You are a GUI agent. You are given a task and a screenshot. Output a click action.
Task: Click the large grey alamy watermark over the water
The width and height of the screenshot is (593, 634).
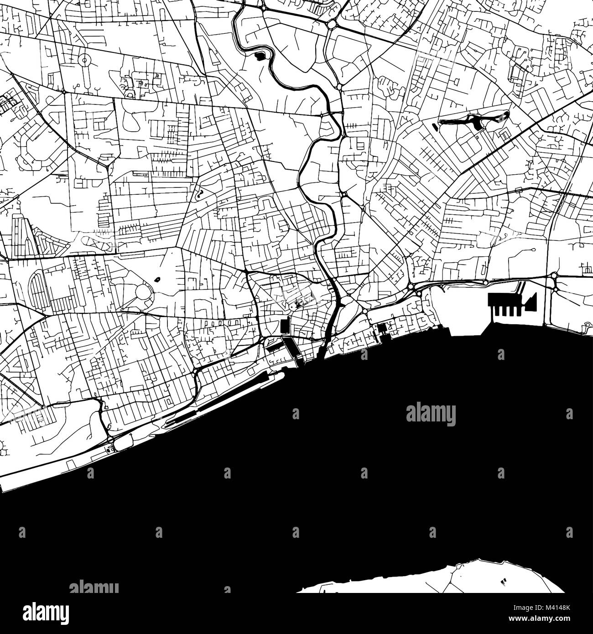click(x=431, y=415)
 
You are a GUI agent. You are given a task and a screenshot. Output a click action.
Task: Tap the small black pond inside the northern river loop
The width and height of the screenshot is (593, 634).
click(x=259, y=57)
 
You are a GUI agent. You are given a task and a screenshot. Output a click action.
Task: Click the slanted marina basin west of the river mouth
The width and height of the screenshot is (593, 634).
click(x=292, y=349)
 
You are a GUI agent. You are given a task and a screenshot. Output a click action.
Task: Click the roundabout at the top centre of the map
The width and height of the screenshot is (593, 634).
click(x=331, y=24)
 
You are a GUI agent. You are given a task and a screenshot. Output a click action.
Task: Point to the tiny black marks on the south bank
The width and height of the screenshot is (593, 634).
click(x=504, y=582)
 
